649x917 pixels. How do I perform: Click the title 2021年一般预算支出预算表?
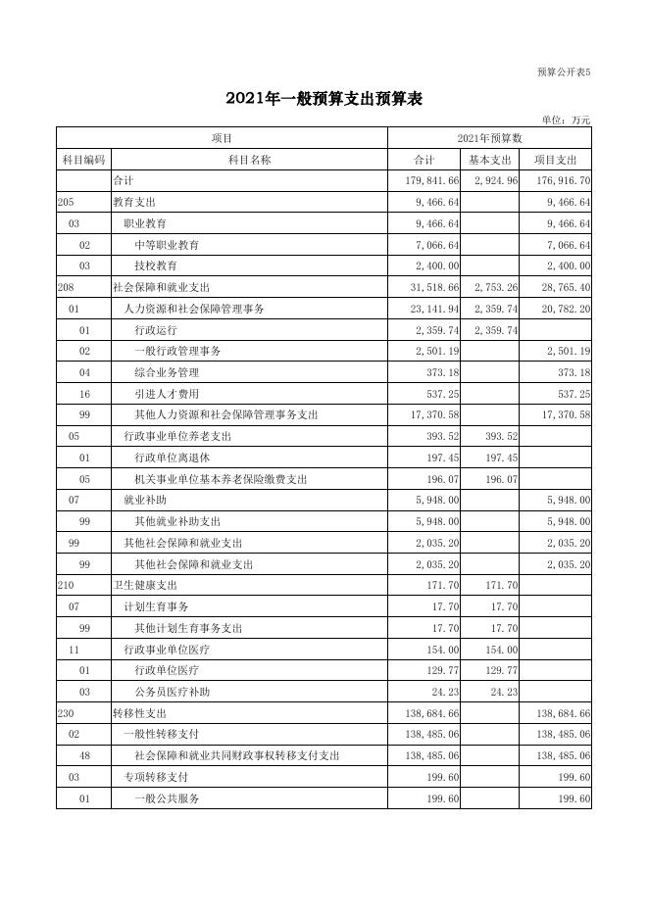(x=324, y=98)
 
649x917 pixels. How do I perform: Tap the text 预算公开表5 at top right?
(x=565, y=72)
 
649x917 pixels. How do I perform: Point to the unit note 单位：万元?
(x=567, y=120)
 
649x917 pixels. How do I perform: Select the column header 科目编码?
(x=83, y=160)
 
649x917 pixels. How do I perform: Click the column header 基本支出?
(x=489, y=160)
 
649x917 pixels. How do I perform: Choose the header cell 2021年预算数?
(x=489, y=138)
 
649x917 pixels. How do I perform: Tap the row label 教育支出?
(x=134, y=203)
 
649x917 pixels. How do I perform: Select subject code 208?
(x=67, y=288)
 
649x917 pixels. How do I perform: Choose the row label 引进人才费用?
(x=167, y=394)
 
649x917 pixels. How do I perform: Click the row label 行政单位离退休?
(x=173, y=458)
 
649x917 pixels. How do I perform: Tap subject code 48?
(x=85, y=756)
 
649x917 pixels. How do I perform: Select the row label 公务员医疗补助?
(x=173, y=692)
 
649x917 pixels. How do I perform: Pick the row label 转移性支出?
(x=140, y=714)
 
